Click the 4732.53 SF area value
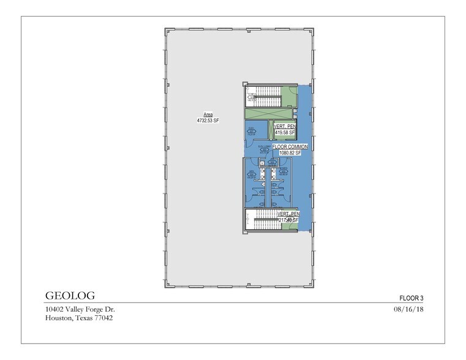208,121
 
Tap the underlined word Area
208,114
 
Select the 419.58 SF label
285,132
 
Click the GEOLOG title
70,296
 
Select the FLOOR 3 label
411,298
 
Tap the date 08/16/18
410,310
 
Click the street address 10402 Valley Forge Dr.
80,310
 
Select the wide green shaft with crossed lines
268,114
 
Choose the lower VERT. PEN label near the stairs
288,214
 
